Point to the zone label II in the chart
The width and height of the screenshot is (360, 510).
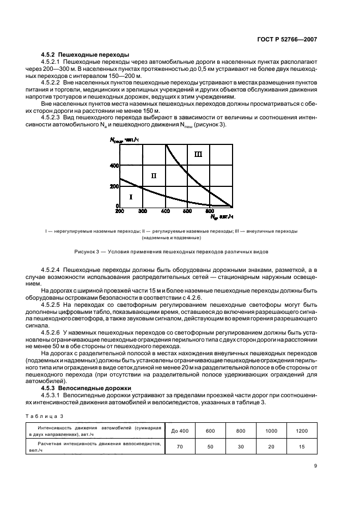(154, 175)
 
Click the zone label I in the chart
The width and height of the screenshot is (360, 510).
(130, 196)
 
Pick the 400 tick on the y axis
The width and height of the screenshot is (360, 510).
(113, 165)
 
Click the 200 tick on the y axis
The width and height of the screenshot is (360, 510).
(113, 186)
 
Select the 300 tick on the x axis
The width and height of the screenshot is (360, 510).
(142, 211)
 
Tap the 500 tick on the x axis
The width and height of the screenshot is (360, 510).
(187, 211)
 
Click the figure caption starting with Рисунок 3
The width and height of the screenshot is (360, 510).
(171, 252)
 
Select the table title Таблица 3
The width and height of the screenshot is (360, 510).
(41, 416)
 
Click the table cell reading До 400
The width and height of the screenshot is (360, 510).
(180, 431)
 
